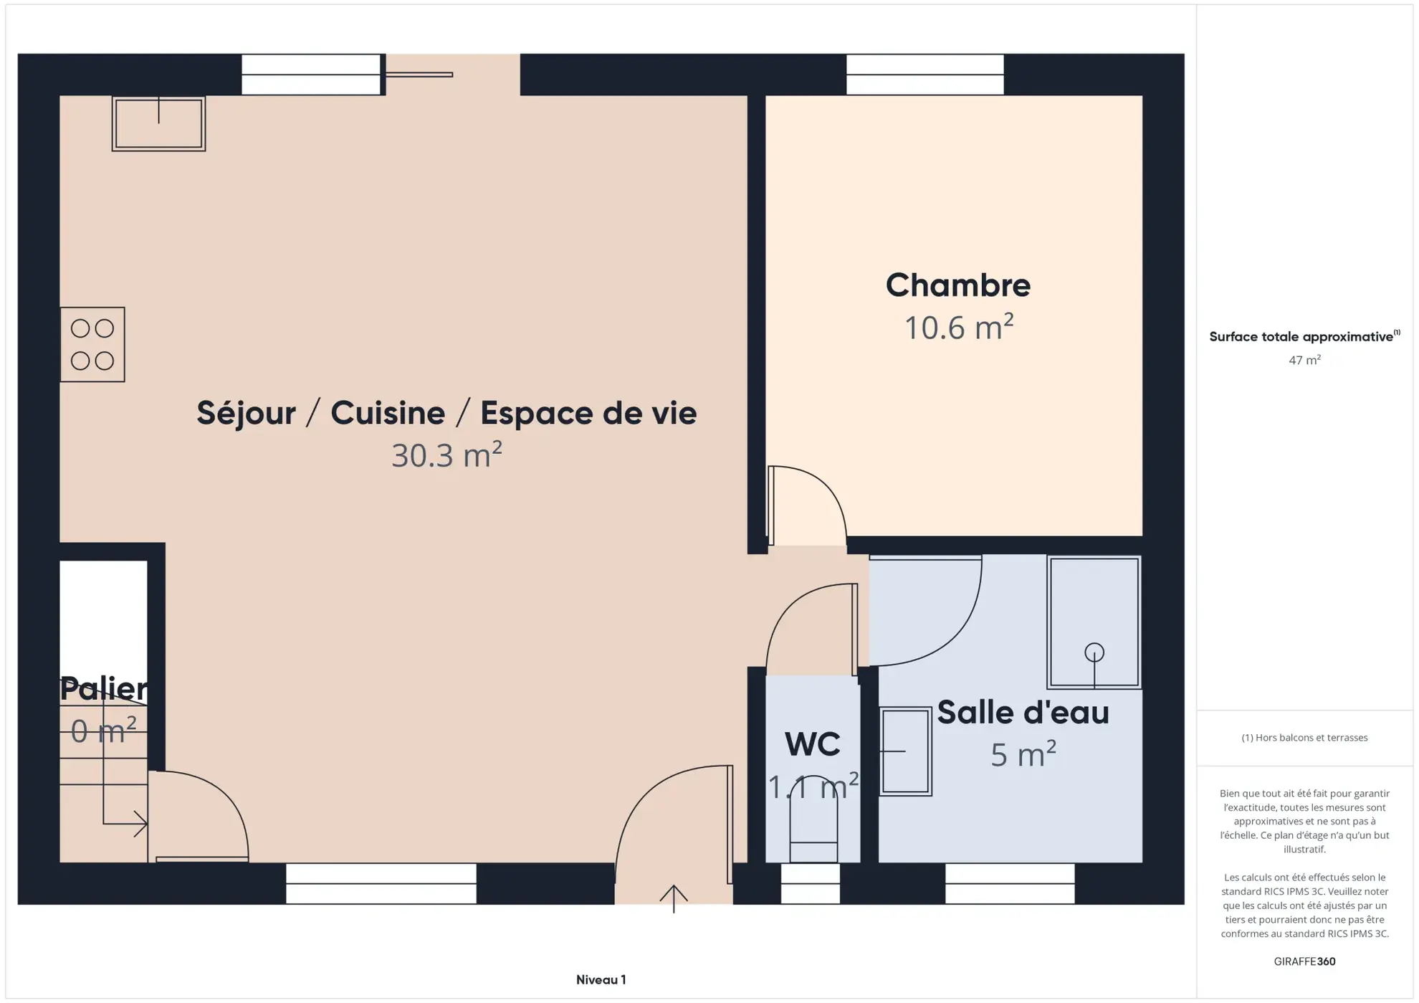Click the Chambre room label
(957, 285)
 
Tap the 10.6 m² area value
(958, 328)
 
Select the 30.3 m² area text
(446, 455)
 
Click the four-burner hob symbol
(92, 345)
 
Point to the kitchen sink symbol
(158, 124)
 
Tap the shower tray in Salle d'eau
(1094, 622)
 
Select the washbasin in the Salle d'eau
(905, 751)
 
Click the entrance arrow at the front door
(674, 898)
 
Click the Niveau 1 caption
(601, 979)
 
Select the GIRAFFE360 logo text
(1304, 961)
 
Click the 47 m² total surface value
(1304, 360)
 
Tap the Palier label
(104, 688)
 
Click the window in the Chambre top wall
(924, 75)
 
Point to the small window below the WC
(810, 883)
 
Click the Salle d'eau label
(1023, 713)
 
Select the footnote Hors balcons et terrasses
(1304, 738)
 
